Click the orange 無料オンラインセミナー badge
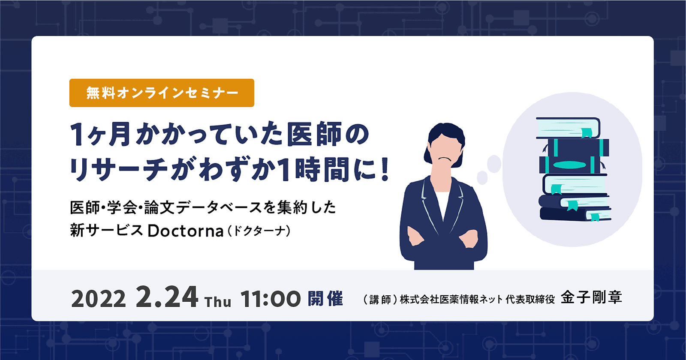[162, 93]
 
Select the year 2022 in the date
[99, 299]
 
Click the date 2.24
[167, 297]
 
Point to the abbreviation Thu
[218, 302]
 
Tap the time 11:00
[271, 299]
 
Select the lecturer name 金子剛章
[591, 297]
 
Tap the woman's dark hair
[446, 131]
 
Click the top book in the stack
[568, 128]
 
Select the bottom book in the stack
[575, 214]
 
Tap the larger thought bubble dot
[494, 163]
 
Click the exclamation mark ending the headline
[385, 170]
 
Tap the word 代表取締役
[530, 299]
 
